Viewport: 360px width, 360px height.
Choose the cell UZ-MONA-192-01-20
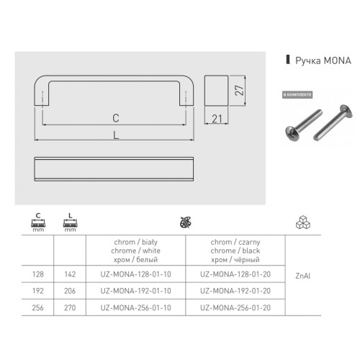235,294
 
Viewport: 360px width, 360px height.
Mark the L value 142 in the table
69,274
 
